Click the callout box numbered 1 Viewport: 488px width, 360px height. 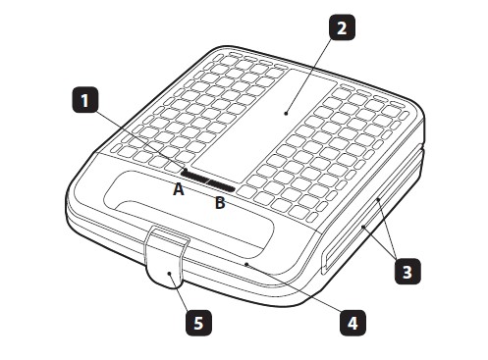(85, 100)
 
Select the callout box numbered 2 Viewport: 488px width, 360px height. (342, 27)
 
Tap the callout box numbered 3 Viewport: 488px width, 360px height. (407, 271)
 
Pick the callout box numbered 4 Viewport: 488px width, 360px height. (352, 323)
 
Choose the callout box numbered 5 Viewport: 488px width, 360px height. (198, 323)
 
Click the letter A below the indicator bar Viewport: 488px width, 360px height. (179, 189)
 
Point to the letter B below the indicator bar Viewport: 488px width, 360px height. (220, 203)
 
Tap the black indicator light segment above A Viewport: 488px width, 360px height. (195, 177)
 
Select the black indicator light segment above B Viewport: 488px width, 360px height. (222, 186)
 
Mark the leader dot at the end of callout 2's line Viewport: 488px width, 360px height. (286, 114)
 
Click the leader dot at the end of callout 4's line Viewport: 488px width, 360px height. (246, 264)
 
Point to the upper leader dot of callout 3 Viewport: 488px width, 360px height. (378, 199)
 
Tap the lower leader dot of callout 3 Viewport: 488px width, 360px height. (363, 227)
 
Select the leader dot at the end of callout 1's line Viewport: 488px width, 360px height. (186, 170)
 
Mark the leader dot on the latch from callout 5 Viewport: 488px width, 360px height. (170, 274)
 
